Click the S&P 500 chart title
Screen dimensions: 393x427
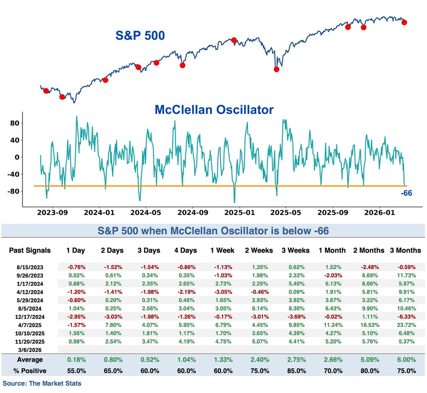point(140,36)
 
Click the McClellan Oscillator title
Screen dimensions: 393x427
point(214,110)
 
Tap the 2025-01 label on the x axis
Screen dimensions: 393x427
point(239,213)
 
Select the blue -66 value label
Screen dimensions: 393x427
point(406,193)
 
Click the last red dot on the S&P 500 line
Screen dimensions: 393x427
point(404,22)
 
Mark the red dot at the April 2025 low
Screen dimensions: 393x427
point(276,69)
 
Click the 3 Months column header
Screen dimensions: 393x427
point(405,251)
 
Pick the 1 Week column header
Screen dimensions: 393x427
point(222,251)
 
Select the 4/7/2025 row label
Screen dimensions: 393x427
point(30,325)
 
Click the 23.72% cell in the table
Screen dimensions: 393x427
point(406,325)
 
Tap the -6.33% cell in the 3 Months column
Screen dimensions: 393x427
point(406,317)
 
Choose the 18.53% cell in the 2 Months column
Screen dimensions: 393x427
point(369,325)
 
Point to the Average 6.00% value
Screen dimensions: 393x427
point(406,360)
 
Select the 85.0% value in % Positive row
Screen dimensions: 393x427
point(296,371)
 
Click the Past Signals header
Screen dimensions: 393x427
point(30,251)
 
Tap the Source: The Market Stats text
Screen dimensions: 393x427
point(42,384)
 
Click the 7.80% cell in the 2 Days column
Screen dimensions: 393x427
point(113,325)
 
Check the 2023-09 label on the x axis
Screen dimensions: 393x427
point(52,213)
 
